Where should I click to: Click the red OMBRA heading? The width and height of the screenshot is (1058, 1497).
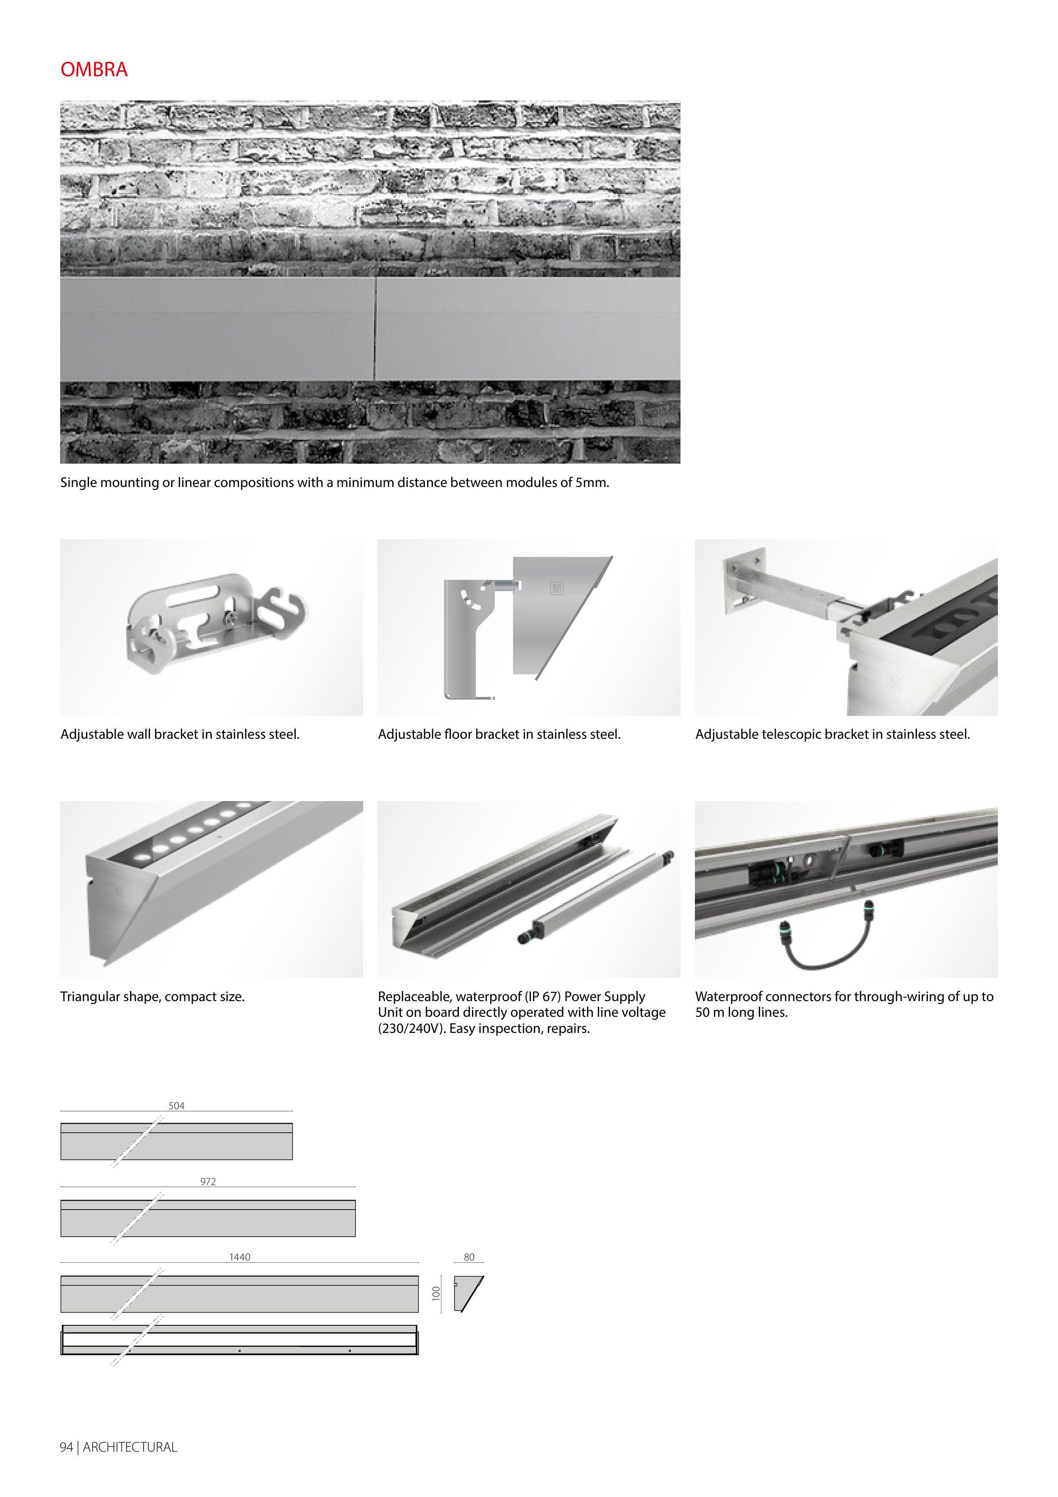tap(94, 70)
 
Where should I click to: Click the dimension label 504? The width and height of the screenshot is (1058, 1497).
tap(176, 1106)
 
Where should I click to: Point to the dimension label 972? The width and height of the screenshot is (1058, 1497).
tap(208, 1181)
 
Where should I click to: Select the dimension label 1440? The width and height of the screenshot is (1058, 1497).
tap(239, 1257)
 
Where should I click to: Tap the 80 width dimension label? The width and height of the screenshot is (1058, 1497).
tap(469, 1257)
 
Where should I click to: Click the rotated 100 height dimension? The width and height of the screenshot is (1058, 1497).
tap(436, 1294)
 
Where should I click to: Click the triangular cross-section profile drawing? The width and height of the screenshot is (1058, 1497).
tap(469, 1294)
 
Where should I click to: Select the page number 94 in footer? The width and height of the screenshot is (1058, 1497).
tap(66, 1447)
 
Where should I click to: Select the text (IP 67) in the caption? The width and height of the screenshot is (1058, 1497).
tap(542, 996)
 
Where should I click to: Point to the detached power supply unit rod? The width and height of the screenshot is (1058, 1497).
tap(597, 896)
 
